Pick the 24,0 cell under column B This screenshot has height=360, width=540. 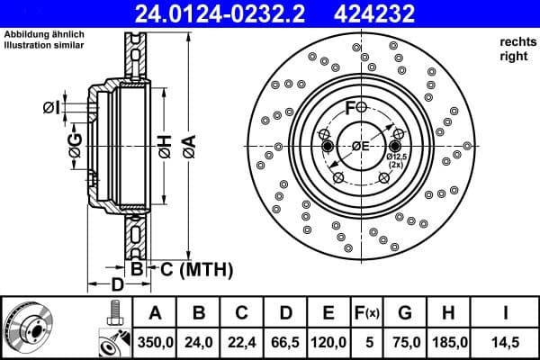[x=199, y=342]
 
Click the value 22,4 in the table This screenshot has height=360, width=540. [x=242, y=342]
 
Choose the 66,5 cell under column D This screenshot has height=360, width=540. [x=285, y=342]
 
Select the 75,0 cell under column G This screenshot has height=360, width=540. [x=406, y=342]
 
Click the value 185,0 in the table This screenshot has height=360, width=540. [x=449, y=342]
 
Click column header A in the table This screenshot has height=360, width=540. [x=155, y=313]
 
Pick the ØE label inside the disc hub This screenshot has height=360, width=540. [x=361, y=147]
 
